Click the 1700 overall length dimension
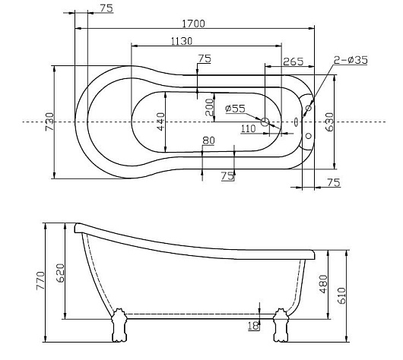click(x=194, y=24)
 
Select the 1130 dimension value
click(x=182, y=41)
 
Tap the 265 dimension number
click(x=294, y=62)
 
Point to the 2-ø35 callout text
click(x=351, y=60)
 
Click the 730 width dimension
click(x=49, y=122)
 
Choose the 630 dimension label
click(x=329, y=122)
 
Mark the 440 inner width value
click(x=161, y=122)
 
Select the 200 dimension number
click(x=210, y=107)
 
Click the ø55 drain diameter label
click(x=235, y=109)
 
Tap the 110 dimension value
click(x=249, y=128)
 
